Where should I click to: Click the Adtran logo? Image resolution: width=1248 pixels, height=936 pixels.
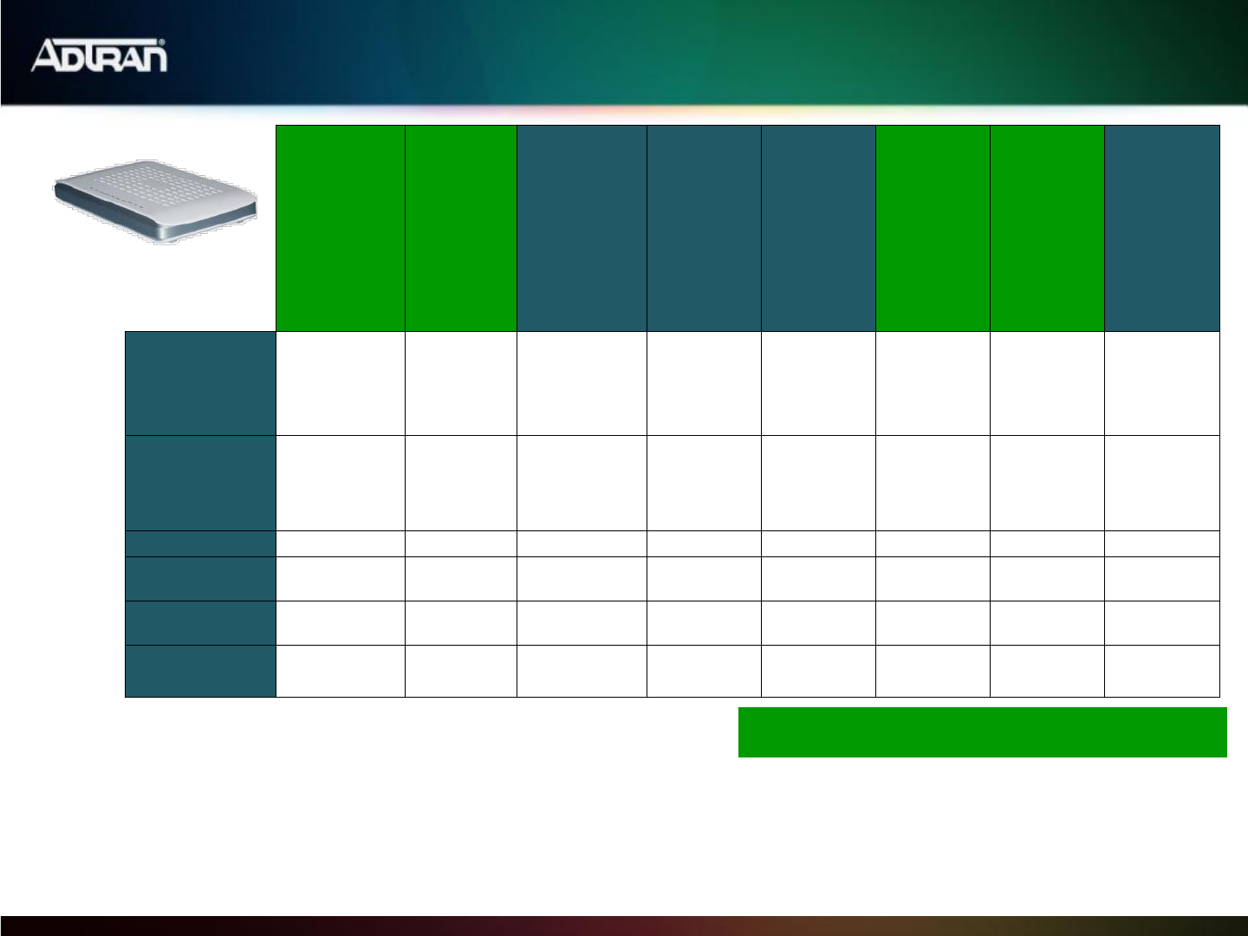99,55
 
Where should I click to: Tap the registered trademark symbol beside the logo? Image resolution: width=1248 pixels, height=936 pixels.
162,42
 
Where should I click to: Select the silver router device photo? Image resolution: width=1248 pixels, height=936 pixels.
155,202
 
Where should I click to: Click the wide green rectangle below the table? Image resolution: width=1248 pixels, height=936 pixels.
983,732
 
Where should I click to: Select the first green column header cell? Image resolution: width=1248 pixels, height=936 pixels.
341,228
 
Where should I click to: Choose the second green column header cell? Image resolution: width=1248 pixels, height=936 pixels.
461,228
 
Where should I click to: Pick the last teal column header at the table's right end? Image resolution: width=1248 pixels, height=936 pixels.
1162,228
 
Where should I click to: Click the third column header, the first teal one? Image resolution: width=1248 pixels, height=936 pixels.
582,228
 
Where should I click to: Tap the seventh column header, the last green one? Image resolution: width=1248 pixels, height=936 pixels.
1047,228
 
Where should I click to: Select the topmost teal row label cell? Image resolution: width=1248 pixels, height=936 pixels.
201,384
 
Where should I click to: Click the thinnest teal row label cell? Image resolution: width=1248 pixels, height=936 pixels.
201,544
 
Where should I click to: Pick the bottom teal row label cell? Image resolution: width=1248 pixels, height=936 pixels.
201,671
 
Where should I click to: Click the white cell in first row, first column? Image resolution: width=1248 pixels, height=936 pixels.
341,384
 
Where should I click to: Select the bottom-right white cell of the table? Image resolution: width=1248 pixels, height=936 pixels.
1162,671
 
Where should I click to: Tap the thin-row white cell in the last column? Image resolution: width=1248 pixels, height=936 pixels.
1162,544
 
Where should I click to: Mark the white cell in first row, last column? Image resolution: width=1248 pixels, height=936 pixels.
1162,384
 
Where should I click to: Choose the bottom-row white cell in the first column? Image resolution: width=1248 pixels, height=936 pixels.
341,671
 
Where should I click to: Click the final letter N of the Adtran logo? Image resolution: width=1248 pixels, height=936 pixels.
153,59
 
